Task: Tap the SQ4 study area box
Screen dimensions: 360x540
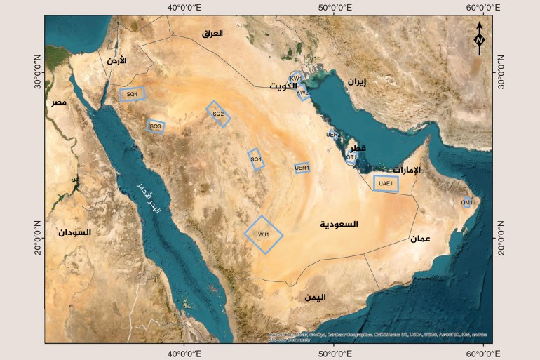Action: click(x=132, y=94)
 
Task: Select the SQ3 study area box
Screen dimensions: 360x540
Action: click(x=155, y=126)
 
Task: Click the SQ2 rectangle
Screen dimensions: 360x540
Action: click(x=218, y=114)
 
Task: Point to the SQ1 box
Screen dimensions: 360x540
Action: click(x=256, y=159)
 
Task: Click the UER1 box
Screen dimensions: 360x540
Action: click(x=302, y=168)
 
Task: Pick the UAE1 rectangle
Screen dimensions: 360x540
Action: click(x=386, y=183)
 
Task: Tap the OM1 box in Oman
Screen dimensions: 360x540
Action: click(x=466, y=203)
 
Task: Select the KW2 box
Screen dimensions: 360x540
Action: click(x=303, y=93)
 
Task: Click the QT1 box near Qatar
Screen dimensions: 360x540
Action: click(x=351, y=159)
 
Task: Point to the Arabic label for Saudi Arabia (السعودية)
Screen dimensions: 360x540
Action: click(x=339, y=225)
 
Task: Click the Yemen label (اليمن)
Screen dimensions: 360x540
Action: click(x=315, y=297)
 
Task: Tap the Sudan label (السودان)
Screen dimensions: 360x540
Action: click(x=75, y=232)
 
